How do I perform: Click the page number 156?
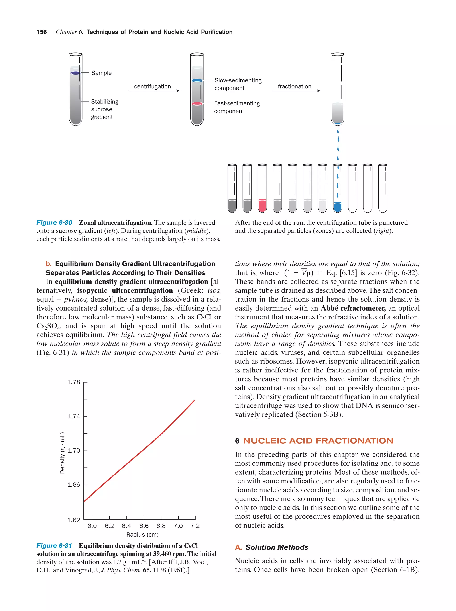coord(41,32)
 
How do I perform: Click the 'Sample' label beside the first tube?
coord(101,73)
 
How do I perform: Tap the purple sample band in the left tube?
coord(75,73)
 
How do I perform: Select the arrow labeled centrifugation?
coord(154,91)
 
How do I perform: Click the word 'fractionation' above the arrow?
coord(294,86)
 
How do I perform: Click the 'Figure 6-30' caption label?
coord(54,223)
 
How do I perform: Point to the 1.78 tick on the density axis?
coord(74,382)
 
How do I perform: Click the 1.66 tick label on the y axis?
coord(74,485)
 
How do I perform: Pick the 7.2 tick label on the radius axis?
coord(195,526)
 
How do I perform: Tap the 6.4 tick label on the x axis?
coord(126,526)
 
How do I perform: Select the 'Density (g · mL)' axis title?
coord(62,453)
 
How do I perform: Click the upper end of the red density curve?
coord(194,401)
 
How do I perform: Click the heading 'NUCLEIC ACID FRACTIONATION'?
coord(318,441)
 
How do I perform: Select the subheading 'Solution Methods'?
coord(277,547)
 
